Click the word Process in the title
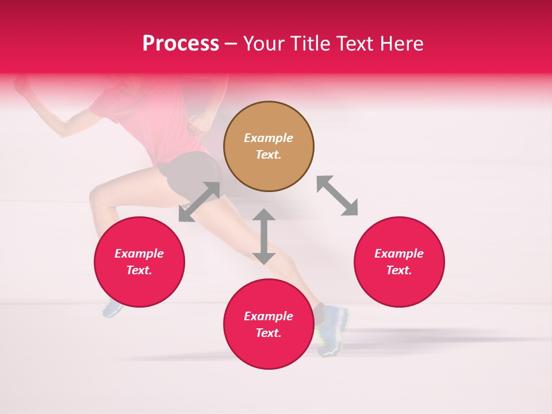[x=181, y=44]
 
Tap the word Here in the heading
[x=401, y=44]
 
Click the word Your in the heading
[x=264, y=44]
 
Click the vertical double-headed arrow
[x=264, y=236]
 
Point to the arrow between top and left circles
[x=199, y=202]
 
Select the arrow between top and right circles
[x=338, y=195]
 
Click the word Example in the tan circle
[x=269, y=138]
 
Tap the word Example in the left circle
[x=139, y=254]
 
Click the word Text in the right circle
[x=399, y=270]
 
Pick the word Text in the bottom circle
[x=269, y=333]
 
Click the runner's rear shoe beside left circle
[x=112, y=309]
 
